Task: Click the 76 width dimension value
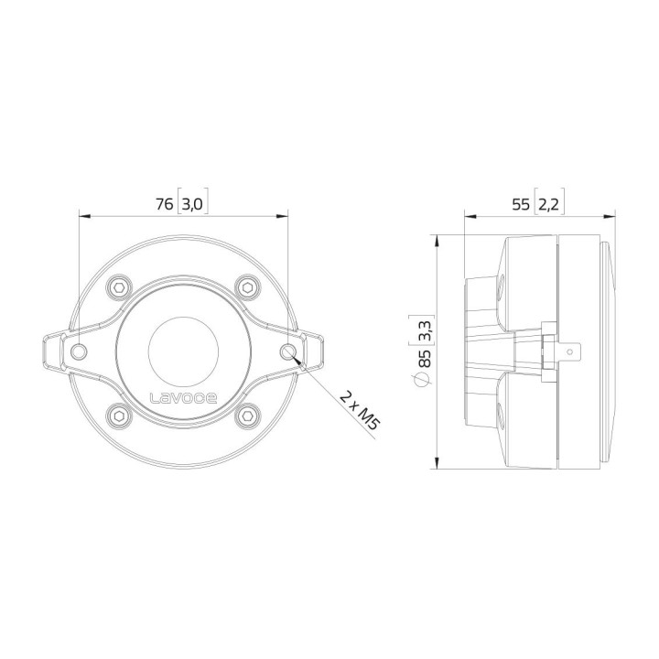[x=164, y=204]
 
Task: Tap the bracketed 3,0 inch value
[x=192, y=204]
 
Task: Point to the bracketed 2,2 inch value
[x=549, y=204]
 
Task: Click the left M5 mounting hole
[x=80, y=351]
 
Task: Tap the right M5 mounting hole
[x=287, y=351]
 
